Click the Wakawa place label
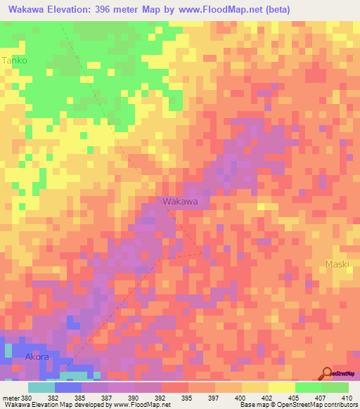point(180,201)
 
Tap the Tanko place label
point(14,60)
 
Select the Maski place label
point(337,264)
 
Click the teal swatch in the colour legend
point(41,387)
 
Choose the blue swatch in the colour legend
point(68,387)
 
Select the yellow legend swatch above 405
point(282,387)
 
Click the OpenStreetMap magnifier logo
point(328,373)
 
